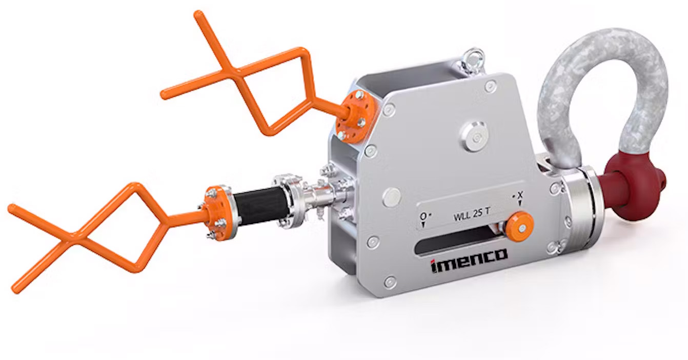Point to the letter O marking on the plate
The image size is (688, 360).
coord(423,217)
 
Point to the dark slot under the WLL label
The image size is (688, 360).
coord(456,242)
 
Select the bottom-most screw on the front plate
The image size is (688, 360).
coord(390,282)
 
